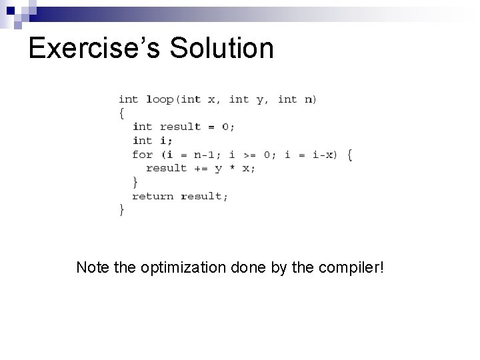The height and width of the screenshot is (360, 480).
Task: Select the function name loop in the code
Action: click(159, 99)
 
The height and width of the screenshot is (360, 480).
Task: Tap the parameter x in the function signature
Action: click(211, 99)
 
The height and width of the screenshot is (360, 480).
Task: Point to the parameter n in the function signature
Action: click(308, 99)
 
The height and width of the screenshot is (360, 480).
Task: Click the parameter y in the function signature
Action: click(260, 100)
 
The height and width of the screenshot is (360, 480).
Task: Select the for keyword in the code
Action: click(142, 155)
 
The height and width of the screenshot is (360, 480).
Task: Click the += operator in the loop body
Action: click(201, 168)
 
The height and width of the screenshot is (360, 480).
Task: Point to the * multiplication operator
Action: click(232, 168)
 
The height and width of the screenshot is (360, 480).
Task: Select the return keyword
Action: click(153, 196)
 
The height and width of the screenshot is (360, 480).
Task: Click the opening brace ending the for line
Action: click(350, 155)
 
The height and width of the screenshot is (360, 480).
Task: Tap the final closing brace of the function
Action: click(121, 209)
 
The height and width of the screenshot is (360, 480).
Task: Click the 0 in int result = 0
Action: click(225, 127)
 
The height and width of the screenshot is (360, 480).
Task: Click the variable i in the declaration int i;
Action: click(164, 141)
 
